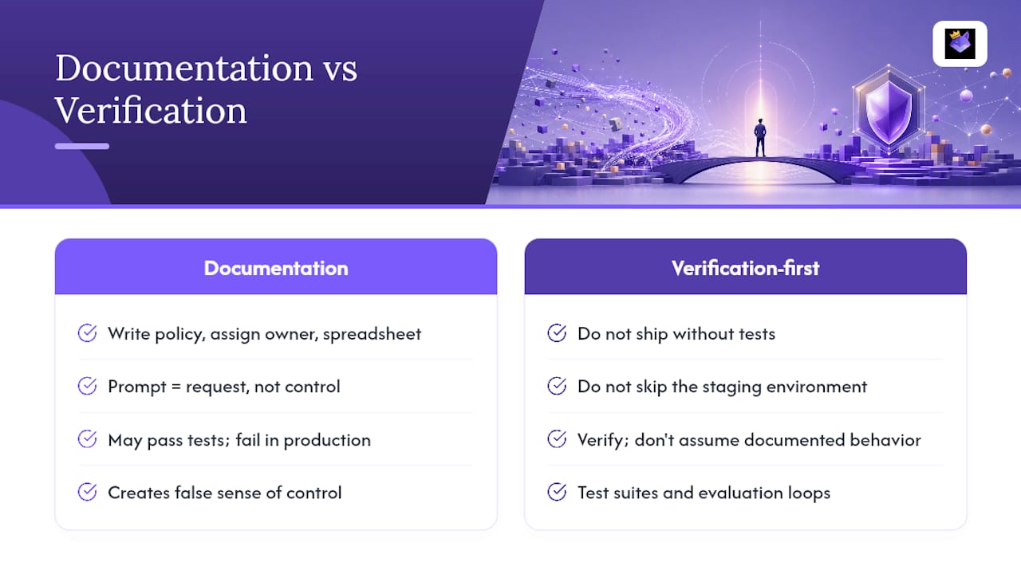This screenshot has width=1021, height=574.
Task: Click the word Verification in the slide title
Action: tap(151, 111)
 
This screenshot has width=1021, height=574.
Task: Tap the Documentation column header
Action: tap(276, 269)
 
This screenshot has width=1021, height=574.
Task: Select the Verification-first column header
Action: tap(745, 269)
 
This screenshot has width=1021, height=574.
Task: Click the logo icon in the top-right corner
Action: tap(960, 44)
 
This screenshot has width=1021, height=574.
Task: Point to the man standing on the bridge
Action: tap(760, 138)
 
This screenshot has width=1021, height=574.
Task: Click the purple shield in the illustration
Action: tap(889, 111)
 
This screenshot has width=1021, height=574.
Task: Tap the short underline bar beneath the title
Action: tap(82, 146)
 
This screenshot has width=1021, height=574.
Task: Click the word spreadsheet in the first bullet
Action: tap(372, 334)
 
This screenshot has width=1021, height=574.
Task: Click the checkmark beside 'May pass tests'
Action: tap(87, 439)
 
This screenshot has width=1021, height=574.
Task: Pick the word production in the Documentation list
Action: tap(327, 441)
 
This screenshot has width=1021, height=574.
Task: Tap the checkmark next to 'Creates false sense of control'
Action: tap(87, 492)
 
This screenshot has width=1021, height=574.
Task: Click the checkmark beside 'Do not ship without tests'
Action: tap(557, 333)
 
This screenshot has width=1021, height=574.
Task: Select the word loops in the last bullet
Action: tap(809, 493)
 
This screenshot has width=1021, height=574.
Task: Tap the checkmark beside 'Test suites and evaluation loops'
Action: tap(557, 492)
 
